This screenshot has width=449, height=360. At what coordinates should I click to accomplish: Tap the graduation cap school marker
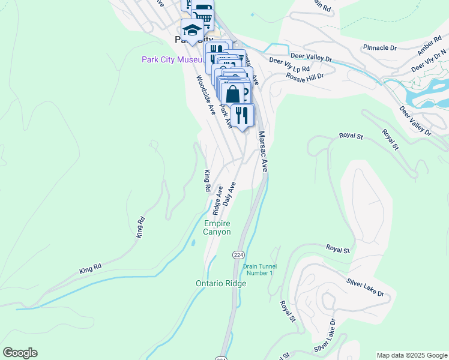click(191, 29)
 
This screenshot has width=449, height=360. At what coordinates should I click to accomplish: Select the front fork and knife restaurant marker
click(242, 115)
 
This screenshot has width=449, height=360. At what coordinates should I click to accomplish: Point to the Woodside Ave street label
click(204, 95)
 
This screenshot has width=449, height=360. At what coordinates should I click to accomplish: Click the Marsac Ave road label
click(262, 152)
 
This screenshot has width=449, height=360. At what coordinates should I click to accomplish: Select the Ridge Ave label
click(217, 200)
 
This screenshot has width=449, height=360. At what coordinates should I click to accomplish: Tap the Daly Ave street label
click(229, 193)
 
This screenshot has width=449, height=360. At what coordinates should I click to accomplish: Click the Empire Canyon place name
click(217, 228)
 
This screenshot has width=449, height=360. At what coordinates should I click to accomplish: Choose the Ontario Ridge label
click(221, 283)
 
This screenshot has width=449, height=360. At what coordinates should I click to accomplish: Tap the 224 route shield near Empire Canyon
click(238, 255)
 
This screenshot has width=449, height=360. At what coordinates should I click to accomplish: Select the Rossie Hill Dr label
click(305, 76)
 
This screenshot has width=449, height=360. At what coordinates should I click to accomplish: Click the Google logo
click(20, 353)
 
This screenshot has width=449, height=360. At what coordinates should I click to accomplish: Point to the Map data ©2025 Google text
click(411, 355)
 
